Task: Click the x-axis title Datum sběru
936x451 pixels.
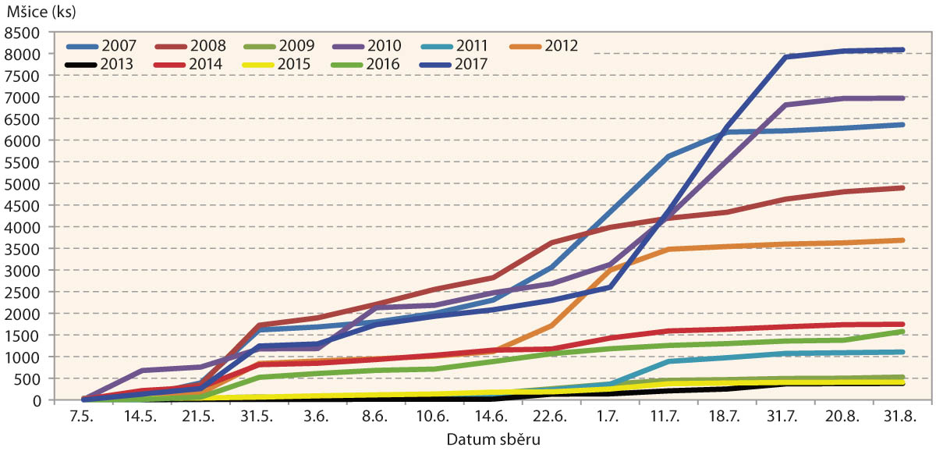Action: tap(493, 439)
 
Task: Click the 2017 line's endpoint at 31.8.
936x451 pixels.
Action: tap(902, 50)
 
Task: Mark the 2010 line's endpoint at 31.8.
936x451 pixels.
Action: tap(902, 98)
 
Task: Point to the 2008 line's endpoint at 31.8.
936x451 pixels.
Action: tap(902, 188)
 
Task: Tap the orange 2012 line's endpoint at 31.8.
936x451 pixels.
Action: tap(902, 240)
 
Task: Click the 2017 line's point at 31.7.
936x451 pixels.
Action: tap(785, 57)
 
